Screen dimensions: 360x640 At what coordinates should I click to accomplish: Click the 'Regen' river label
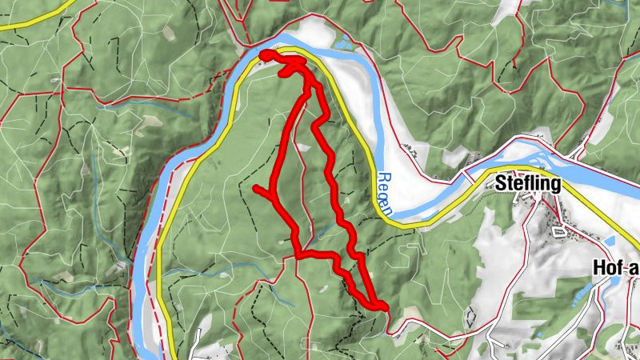[385, 194]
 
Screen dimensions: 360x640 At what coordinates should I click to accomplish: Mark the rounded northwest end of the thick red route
[264, 54]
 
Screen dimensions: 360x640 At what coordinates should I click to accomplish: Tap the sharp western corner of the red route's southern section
[298, 255]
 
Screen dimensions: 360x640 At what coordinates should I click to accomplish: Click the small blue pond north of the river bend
[342, 41]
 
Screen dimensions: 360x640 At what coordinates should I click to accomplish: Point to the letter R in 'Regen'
[380, 178]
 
